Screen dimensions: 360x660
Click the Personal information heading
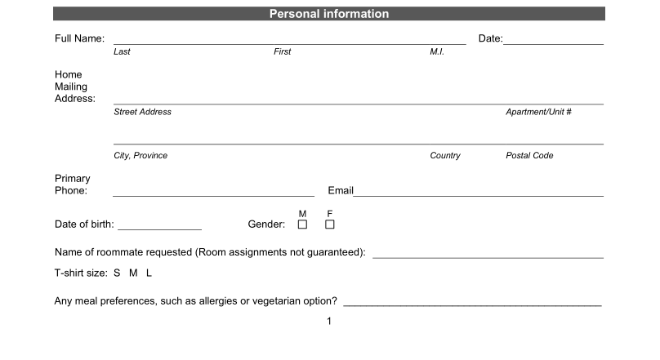(329, 14)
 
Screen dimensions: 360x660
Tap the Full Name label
(79, 38)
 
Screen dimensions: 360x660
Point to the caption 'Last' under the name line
(122, 51)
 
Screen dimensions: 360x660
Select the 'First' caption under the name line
(282, 51)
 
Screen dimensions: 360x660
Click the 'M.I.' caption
(436, 51)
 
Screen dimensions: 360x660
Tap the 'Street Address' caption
(142, 112)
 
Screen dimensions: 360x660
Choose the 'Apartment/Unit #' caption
(538, 112)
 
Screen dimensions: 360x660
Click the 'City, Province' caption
(140, 155)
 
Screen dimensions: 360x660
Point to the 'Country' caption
(445, 155)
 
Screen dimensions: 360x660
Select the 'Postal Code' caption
(529, 155)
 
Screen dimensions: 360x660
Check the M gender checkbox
(302, 224)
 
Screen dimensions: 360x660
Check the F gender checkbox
(330, 224)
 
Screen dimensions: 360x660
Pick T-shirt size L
(149, 273)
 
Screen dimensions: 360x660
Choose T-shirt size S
(117, 273)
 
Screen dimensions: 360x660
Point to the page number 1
(329, 321)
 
